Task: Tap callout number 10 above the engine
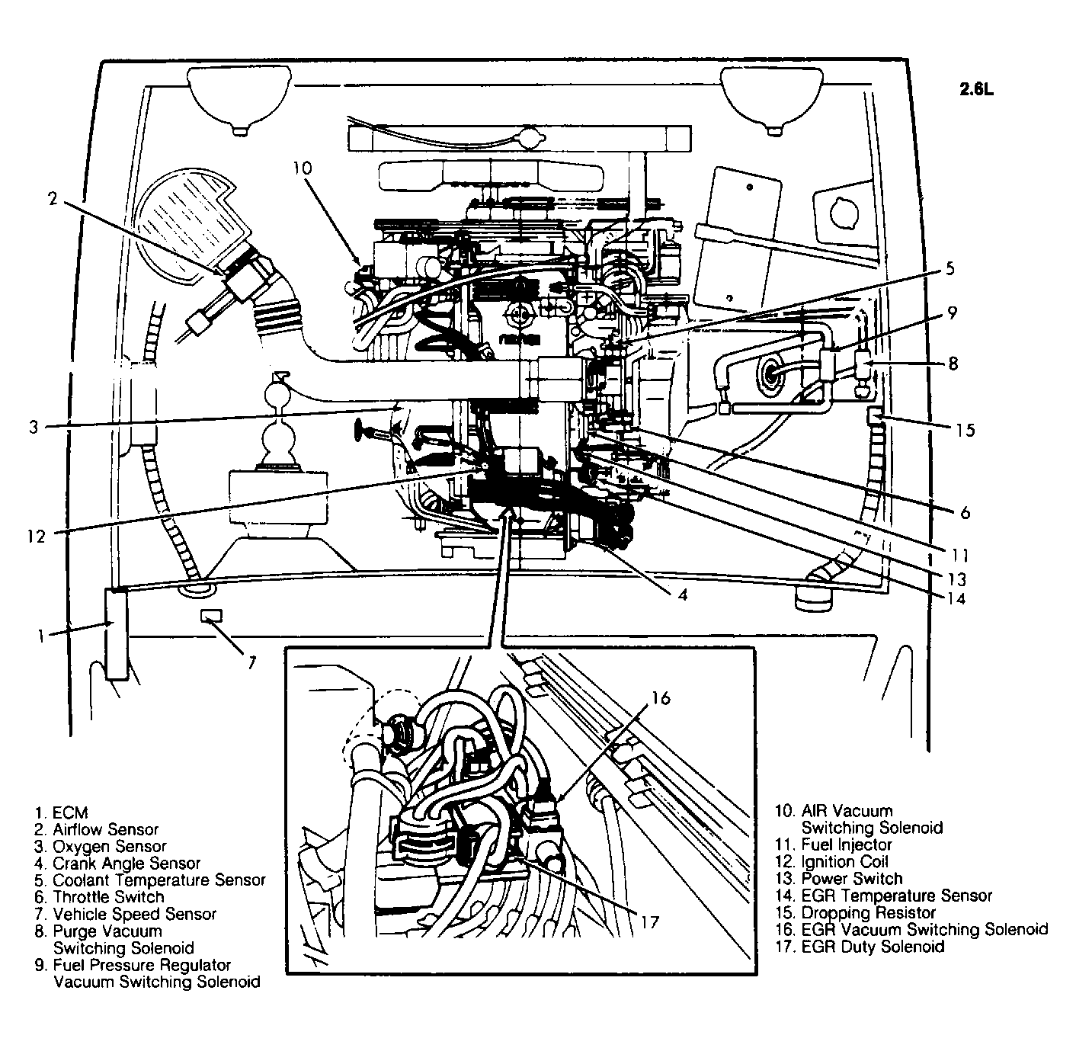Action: click(303, 168)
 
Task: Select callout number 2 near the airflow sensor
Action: click(52, 200)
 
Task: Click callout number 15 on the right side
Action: click(965, 430)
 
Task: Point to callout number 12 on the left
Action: click(36, 536)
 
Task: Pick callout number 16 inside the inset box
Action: click(661, 697)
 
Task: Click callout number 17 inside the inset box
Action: click(649, 922)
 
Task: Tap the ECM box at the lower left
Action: click(117, 633)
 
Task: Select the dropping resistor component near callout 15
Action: click(875, 415)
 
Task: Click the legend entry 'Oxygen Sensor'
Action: click(109, 846)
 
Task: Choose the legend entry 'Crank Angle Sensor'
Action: click(126, 863)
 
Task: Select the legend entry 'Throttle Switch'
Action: click(108, 896)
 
